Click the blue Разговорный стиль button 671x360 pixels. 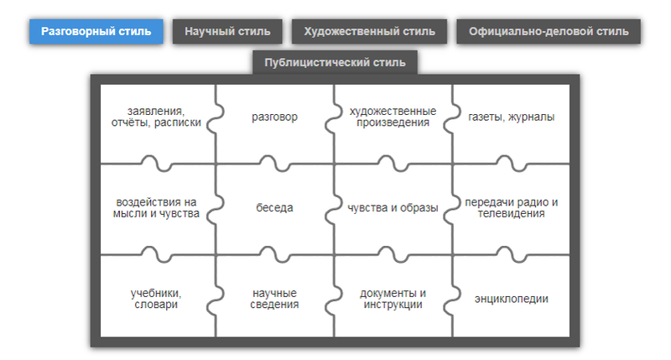tap(96, 32)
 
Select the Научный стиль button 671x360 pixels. tap(226, 32)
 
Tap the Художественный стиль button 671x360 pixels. tap(369, 32)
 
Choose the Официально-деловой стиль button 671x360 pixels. tap(549, 32)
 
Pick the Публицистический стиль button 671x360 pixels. tap(335, 62)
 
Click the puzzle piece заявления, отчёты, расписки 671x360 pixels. tap(156, 117)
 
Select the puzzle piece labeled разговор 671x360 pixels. tap(274, 117)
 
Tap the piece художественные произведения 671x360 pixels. tap(393, 117)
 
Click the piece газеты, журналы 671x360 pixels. tap(512, 117)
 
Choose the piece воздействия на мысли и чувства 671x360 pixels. tap(156, 207)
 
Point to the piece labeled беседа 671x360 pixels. tap(274, 207)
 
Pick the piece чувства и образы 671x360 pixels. tap(393, 207)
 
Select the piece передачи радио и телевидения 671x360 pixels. tap(512, 207)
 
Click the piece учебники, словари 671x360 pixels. tap(156, 299)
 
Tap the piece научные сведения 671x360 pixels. tap(274, 299)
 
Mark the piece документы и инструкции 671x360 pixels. tap(393, 299)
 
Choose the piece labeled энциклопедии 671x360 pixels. tap(512, 299)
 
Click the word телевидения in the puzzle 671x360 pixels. tap(512, 214)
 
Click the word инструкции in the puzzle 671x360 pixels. tap(393, 305)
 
